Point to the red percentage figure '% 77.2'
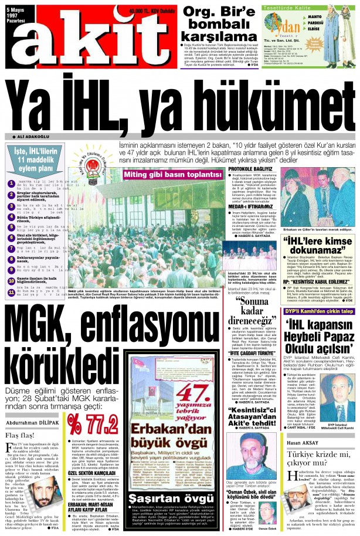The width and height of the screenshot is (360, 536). pyautogui.click(x=91, y=422)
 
